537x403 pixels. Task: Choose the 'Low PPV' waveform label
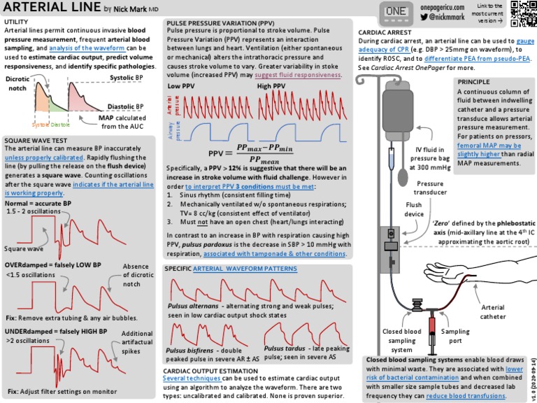[180, 86]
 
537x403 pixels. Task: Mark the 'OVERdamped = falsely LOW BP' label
[53, 265]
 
